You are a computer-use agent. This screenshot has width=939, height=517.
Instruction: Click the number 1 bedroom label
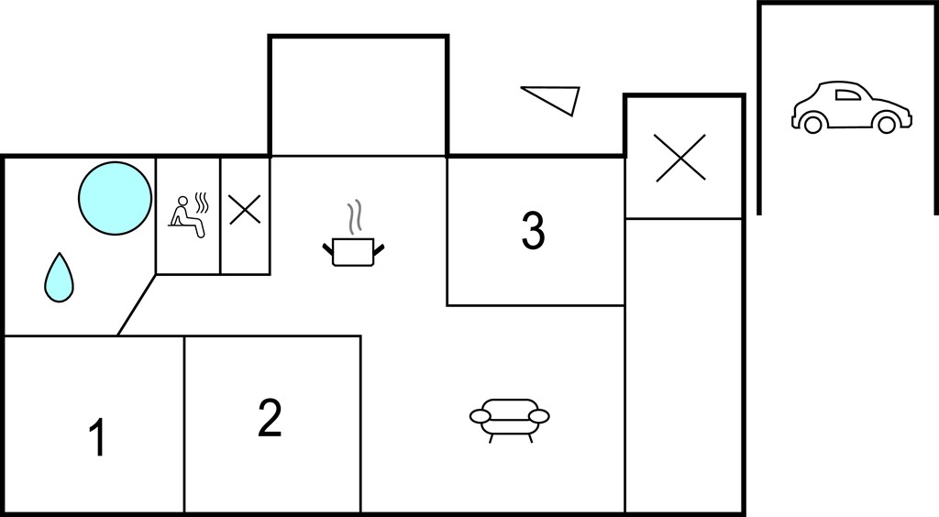tap(97, 437)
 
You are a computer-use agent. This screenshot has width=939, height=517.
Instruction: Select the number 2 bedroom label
tap(271, 418)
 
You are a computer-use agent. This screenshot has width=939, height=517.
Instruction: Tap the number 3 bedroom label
tap(533, 230)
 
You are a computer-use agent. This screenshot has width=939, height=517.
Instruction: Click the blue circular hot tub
tap(115, 198)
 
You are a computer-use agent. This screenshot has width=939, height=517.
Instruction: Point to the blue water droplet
tap(59, 279)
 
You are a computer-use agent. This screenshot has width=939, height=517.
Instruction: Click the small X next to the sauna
tap(245, 210)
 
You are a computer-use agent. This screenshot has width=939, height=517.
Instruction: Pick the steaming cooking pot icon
tap(353, 234)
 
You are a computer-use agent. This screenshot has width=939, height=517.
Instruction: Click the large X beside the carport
tap(680, 158)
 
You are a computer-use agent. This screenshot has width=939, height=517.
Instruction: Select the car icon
tap(852, 107)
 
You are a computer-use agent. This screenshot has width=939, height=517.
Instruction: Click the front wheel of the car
tap(887, 124)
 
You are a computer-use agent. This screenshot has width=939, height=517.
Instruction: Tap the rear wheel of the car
tap(812, 124)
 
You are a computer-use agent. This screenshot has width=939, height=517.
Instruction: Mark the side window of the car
tap(846, 94)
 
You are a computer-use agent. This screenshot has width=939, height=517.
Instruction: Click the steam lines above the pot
tap(355, 216)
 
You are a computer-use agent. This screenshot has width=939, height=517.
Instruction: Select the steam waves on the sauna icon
tap(203, 203)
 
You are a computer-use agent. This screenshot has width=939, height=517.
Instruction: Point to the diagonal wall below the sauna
tap(137, 305)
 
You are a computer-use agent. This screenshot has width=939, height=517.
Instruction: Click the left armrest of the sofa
tap(481, 416)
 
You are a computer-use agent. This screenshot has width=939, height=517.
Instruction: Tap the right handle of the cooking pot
tap(378, 249)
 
